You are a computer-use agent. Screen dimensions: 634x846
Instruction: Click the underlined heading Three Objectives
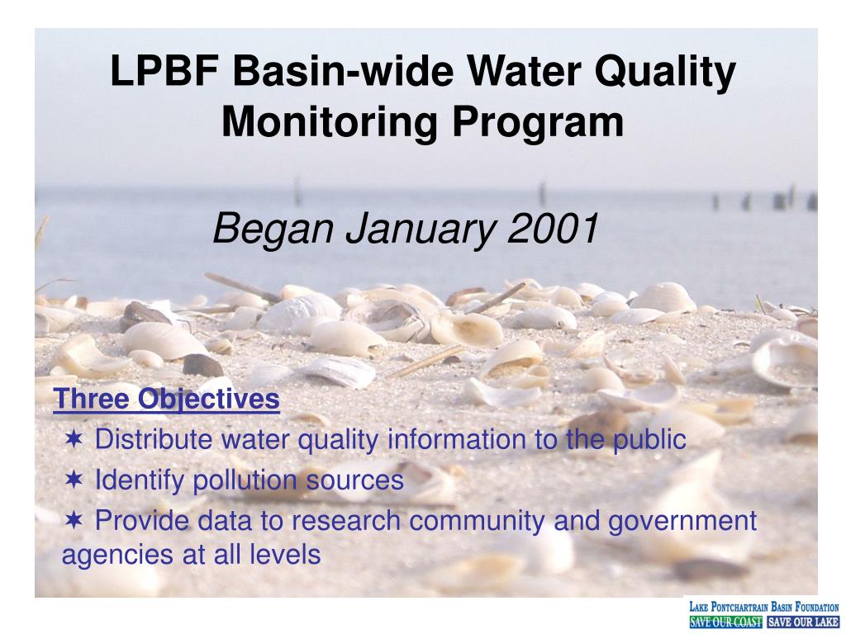(x=167, y=400)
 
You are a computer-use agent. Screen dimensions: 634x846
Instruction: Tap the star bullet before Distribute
(x=74, y=440)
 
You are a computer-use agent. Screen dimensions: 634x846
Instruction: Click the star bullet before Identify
(x=74, y=480)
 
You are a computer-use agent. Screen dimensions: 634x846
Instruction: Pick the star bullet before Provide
(x=74, y=521)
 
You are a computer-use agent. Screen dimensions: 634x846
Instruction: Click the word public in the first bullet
(x=649, y=440)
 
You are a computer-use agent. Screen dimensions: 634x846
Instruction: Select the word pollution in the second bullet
(x=241, y=480)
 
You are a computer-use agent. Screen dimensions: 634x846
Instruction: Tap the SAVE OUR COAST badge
(x=725, y=622)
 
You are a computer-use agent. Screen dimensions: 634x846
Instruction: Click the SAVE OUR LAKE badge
(x=802, y=622)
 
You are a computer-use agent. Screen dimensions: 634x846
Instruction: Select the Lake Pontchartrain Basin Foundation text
(x=764, y=608)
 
